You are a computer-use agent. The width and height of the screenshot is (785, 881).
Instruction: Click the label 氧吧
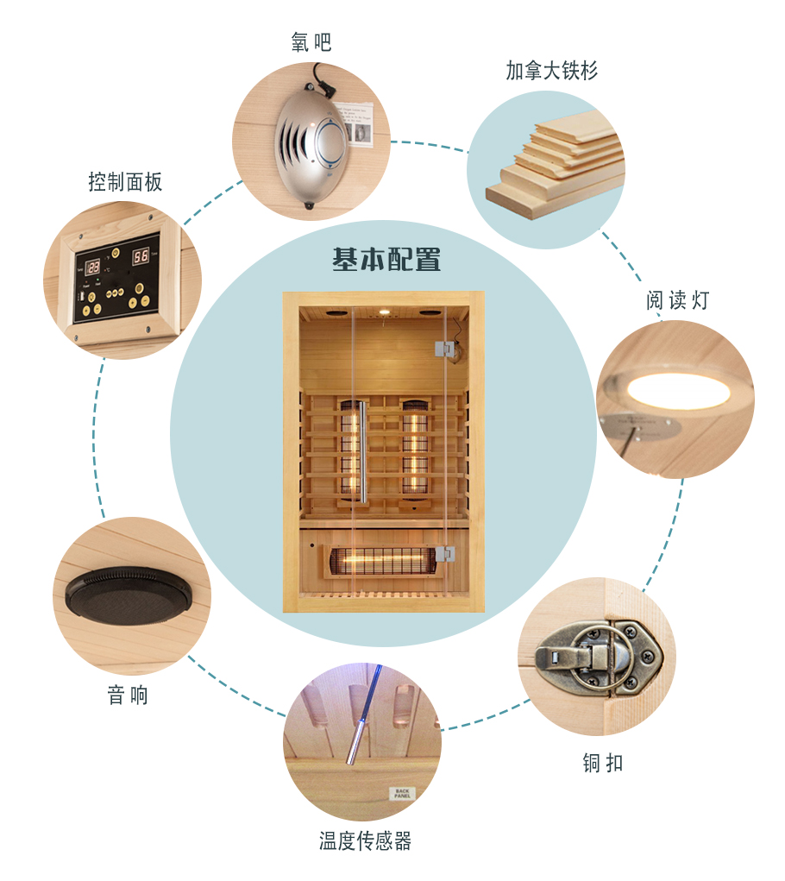(311, 41)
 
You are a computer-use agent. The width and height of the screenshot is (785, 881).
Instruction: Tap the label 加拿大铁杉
(551, 71)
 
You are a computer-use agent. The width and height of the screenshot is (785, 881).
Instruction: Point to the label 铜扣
(602, 763)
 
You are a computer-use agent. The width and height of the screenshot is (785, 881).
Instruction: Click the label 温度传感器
(365, 840)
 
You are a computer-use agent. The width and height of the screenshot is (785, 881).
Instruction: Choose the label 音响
(128, 695)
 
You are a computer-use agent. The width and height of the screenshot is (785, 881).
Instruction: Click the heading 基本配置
(386, 259)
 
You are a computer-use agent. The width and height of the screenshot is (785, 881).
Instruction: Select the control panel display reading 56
(140, 256)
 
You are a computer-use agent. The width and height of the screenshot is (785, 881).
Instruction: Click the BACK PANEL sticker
(402, 792)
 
